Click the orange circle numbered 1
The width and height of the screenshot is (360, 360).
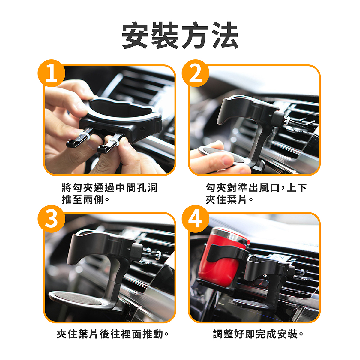51,73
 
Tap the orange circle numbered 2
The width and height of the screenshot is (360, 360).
195,73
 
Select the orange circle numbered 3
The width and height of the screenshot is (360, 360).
51,219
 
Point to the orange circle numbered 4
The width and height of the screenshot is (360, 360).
195,219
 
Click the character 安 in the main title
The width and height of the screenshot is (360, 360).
135,35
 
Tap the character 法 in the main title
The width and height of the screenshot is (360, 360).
224,35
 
